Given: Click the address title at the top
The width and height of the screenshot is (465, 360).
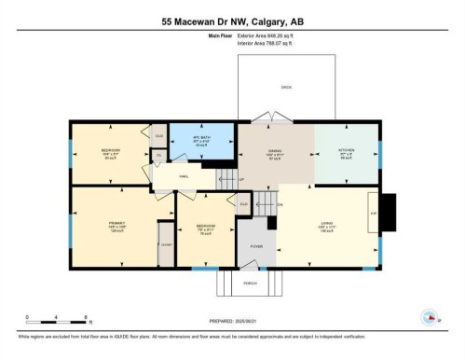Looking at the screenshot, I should click(x=232, y=20).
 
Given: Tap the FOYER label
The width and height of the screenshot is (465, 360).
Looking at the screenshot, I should click(x=256, y=246).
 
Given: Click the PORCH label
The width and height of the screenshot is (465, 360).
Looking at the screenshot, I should click(x=250, y=283).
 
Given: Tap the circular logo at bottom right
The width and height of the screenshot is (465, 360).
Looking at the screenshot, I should click(x=431, y=317).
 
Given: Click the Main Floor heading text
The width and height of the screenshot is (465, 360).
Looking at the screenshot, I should click(x=219, y=35).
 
